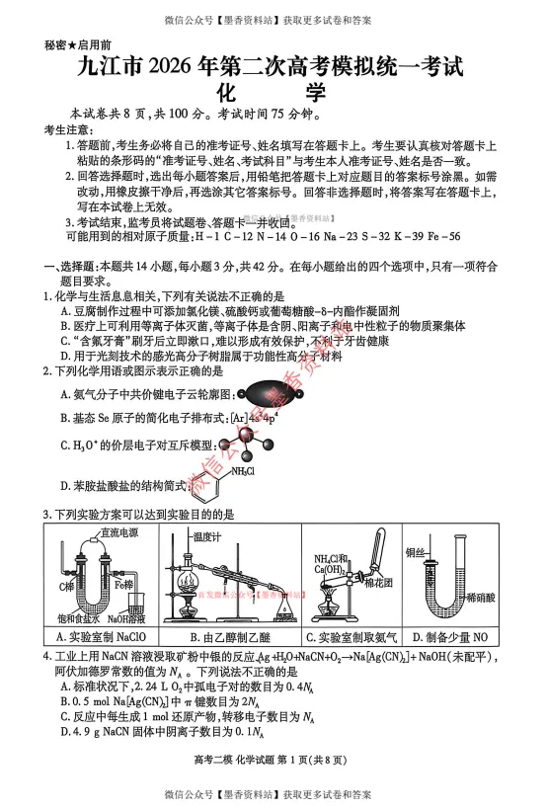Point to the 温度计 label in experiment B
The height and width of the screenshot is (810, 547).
[x=207, y=536]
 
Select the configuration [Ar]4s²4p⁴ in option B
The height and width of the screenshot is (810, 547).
[x=247, y=418]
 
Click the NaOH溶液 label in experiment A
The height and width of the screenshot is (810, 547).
[x=127, y=618]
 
